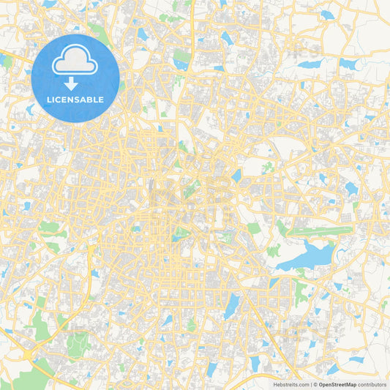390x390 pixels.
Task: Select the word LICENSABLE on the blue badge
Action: pos(75,100)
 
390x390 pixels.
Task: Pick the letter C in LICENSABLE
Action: pos(60,100)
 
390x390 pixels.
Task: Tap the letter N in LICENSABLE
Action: pos(72,100)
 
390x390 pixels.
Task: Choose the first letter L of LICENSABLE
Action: pos(50,100)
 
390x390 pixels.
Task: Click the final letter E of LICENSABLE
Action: pos(102,100)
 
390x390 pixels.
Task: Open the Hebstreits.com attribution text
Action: pos(290,383)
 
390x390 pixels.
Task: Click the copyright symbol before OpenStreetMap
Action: pos(315,383)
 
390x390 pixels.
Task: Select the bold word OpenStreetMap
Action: pos(337,383)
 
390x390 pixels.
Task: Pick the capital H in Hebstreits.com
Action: pos(274,383)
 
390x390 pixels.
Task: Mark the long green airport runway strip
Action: pos(319,229)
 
